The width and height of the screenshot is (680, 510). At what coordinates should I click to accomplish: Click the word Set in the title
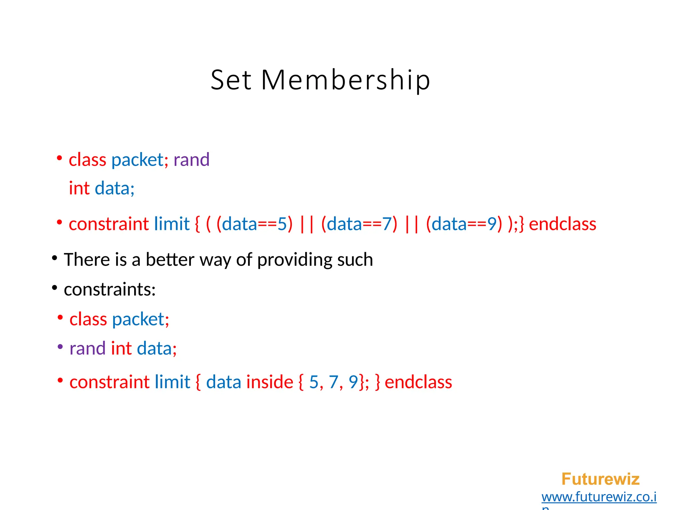tap(231, 80)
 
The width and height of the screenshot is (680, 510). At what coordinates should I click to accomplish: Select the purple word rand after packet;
tap(191, 160)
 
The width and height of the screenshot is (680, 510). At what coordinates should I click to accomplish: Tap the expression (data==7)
tap(359, 224)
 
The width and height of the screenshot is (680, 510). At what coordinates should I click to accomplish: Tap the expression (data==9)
tap(464, 224)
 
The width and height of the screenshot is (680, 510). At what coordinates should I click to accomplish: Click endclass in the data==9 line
tap(562, 224)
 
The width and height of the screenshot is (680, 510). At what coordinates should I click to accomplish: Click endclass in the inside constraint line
tap(418, 382)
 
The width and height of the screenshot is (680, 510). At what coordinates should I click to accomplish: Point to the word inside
tap(270, 382)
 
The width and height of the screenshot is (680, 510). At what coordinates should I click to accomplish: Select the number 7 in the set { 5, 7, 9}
tap(333, 382)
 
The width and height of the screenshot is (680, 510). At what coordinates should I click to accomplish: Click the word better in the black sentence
tap(170, 259)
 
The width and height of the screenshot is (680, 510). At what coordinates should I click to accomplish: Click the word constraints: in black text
tap(110, 290)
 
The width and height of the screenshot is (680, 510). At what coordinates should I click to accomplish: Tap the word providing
tap(295, 260)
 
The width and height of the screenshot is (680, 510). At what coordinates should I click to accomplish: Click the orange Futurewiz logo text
tap(600, 479)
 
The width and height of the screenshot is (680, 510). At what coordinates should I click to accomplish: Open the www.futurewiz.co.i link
tap(599, 497)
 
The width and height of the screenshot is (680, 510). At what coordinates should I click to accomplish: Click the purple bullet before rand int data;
tap(60, 347)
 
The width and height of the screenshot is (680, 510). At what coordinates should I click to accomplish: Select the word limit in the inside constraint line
tap(172, 382)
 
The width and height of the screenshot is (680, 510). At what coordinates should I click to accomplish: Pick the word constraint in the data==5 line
tap(109, 224)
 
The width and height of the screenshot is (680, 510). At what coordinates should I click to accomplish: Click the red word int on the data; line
tap(79, 188)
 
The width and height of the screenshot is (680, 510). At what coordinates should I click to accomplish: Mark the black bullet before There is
tap(55, 258)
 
